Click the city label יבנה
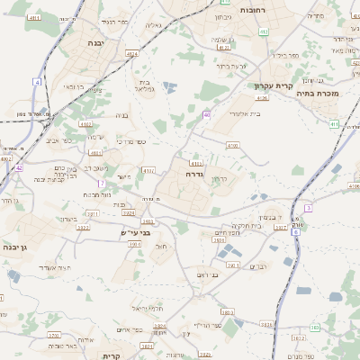(x=96, y=42)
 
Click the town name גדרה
(x=193, y=174)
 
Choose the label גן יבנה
(x=14, y=247)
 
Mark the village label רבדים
(x=257, y=265)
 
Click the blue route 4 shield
(x=37, y=82)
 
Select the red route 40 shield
(x=207, y=115)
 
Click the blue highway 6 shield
(x=296, y=220)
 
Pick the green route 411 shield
(x=333, y=124)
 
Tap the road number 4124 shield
(x=132, y=55)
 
